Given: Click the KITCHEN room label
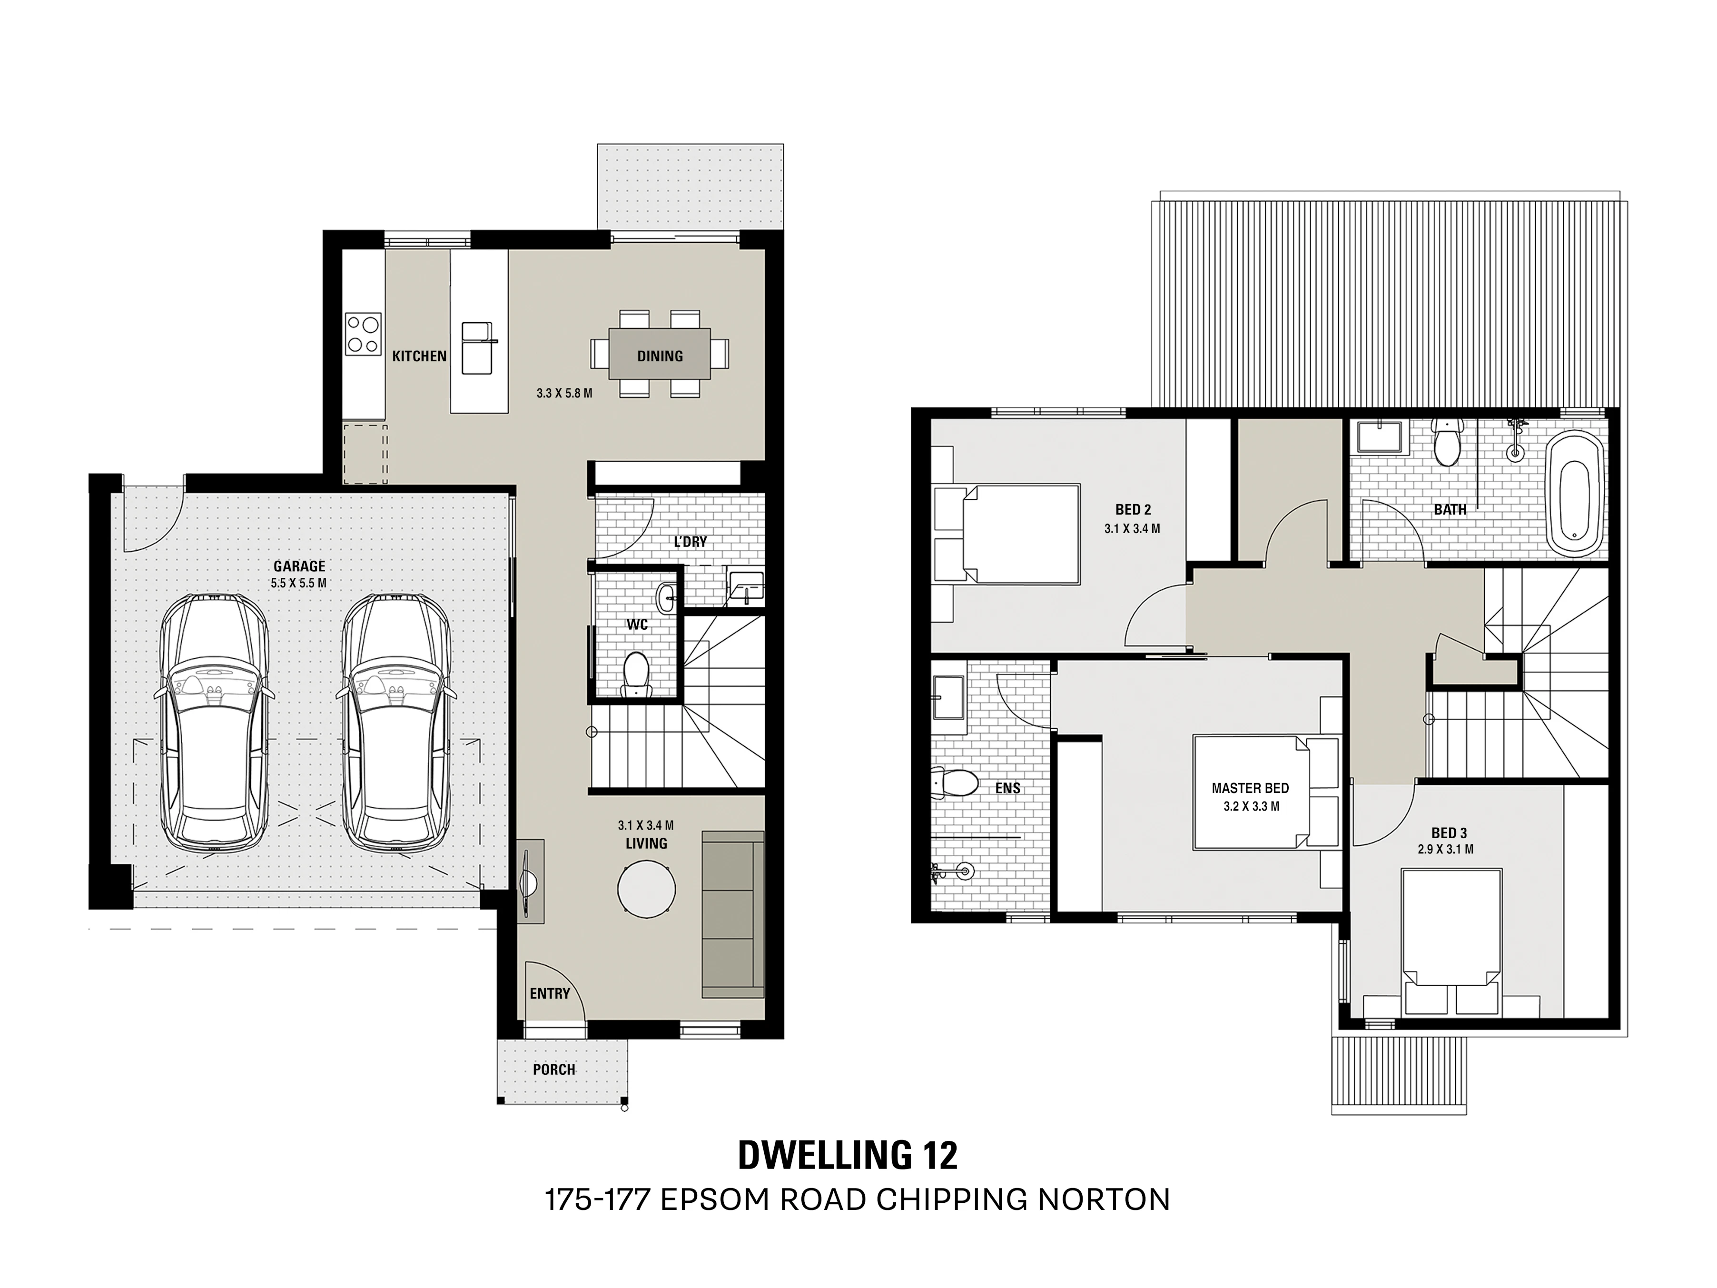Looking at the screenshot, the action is [x=419, y=357].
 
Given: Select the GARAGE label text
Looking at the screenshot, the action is [x=299, y=567].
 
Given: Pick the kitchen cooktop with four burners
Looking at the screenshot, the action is [x=363, y=334].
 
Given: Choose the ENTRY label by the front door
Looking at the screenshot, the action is [x=550, y=993].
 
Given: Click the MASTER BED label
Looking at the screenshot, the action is [x=1250, y=788].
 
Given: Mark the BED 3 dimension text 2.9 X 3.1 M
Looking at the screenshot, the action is [x=1445, y=849].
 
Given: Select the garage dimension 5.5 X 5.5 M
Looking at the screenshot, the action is [x=299, y=583].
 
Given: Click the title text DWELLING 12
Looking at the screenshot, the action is [x=848, y=1177].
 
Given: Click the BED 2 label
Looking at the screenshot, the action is [x=1133, y=510].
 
